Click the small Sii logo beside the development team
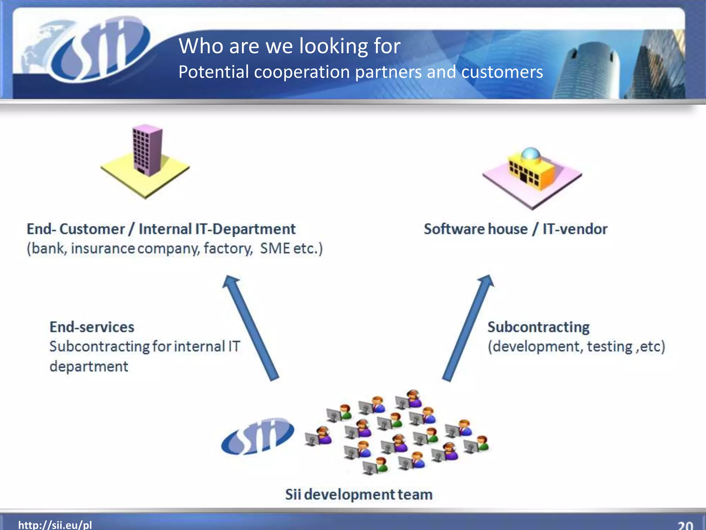[x=258, y=436]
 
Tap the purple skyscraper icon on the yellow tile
[x=148, y=150]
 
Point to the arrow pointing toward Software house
[x=468, y=328]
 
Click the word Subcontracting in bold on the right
[x=538, y=327]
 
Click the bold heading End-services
[x=92, y=327]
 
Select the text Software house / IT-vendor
[x=515, y=229]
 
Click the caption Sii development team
[x=359, y=494]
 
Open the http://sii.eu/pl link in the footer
[x=55, y=525]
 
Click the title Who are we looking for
[x=290, y=46]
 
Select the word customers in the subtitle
[x=502, y=72]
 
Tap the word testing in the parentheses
[x=609, y=346]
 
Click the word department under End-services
[x=89, y=366]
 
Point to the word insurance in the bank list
[x=103, y=248]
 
